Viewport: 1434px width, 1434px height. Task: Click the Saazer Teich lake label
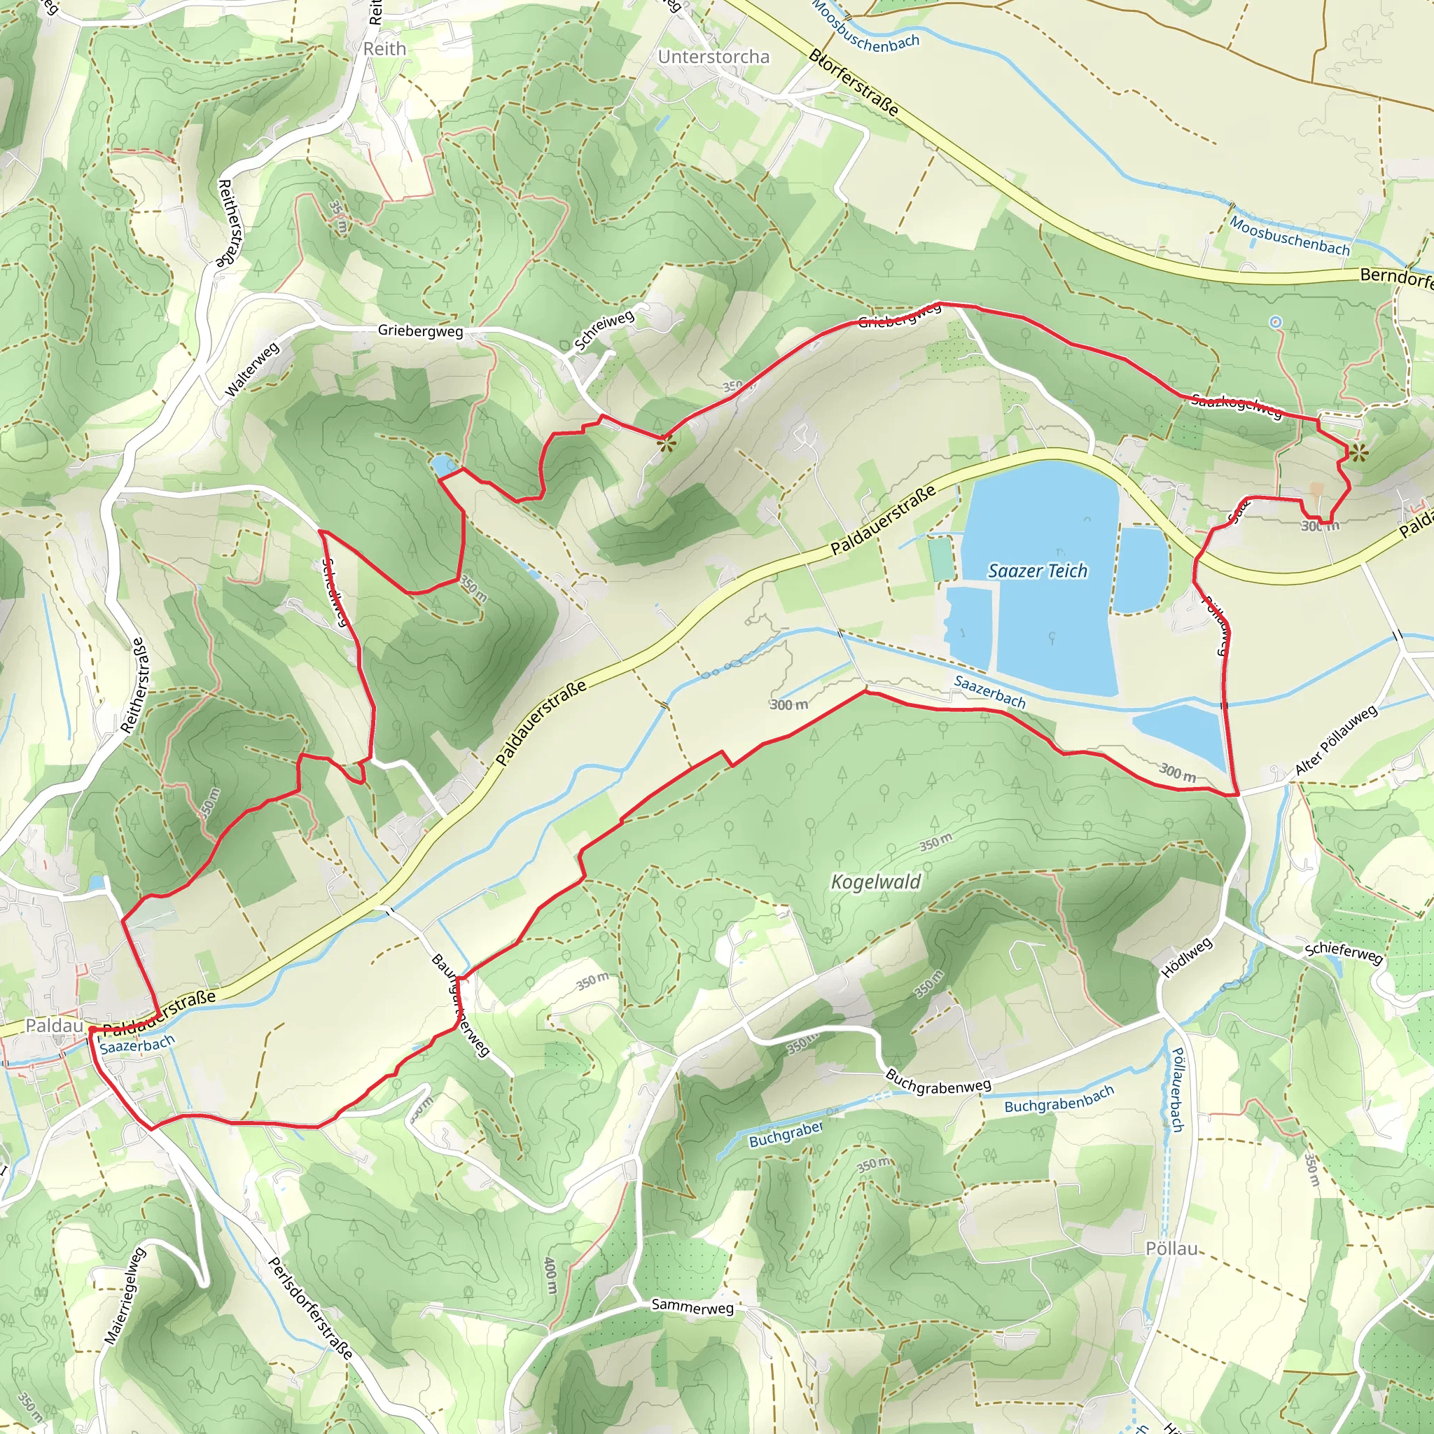[x=1038, y=571]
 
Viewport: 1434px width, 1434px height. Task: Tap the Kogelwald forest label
[x=876, y=882]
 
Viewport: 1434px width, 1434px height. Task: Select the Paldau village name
[x=54, y=1025]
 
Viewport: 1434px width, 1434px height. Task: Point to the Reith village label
[x=384, y=49]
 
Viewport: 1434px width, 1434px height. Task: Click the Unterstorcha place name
[x=713, y=57]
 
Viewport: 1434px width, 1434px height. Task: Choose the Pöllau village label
[x=1172, y=1248]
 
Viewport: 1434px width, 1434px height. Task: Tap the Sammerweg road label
[x=692, y=1307]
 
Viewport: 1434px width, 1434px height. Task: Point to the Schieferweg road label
[x=1344, y=953]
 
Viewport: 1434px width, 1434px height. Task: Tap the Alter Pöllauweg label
[x=1336, y=741]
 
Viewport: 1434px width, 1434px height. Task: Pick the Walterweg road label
[x=252, y=369]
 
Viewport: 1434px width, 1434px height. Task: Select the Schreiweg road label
[x=604, y=330]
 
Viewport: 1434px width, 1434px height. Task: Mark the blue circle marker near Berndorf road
[x=1275, y=321]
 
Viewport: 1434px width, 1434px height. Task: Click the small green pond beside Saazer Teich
[x=938, y=559]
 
